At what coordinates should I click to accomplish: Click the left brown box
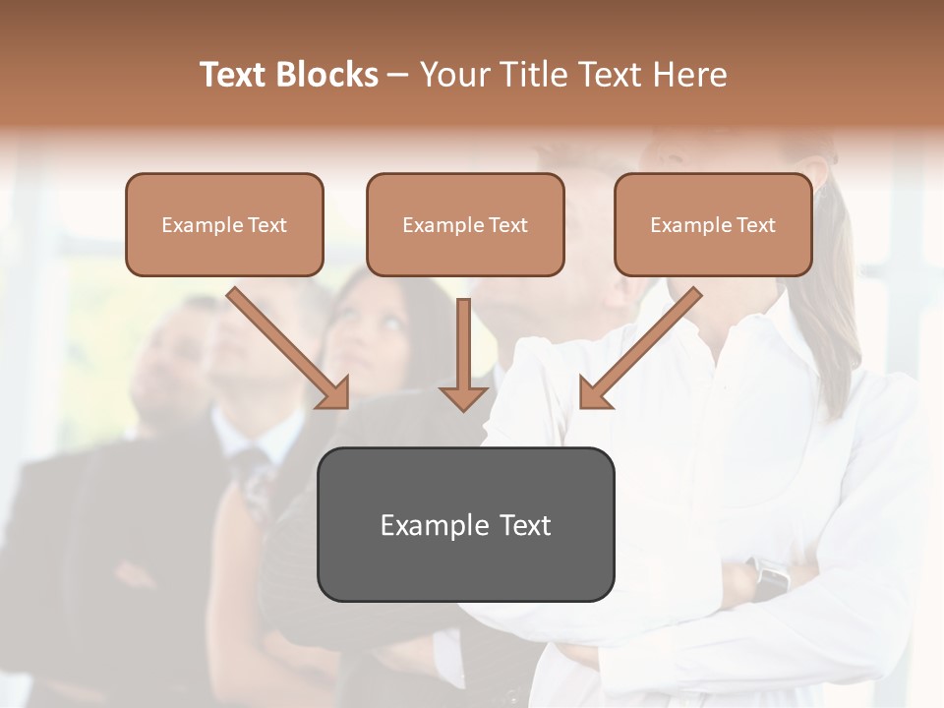coord(224,224)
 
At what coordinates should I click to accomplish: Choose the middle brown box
coord(465,224)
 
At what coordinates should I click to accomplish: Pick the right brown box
coord(713,224)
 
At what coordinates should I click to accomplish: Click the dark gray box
coord(465,524)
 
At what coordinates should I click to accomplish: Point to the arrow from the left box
coord(285,346)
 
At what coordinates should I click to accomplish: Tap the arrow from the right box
coord(643,346)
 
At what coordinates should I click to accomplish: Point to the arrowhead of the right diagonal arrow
coord(594,394)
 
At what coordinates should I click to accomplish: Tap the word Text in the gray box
coord(525,526)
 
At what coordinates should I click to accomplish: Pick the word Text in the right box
coord(755,225)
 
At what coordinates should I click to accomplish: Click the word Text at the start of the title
coord(234,75)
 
